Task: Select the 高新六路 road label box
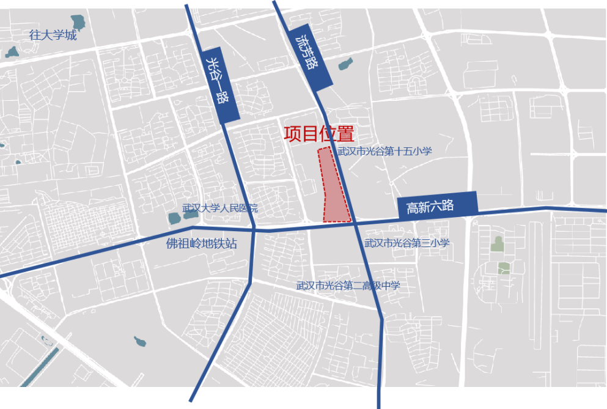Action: pyautogui.click(x=437, y=205)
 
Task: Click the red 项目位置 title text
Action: pyautogui.click(x=319, y=134)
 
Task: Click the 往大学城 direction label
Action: pyautogui.click(x=53, y=35)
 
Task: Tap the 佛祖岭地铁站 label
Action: pyautogui.click(x=201, y=243)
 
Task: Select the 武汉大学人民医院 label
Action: pyautogui.click(x=220, y=208)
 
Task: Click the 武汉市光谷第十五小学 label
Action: pyautogui.click(x=384, y=151)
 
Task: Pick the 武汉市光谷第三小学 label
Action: pyautogui.click(x=407, y=243)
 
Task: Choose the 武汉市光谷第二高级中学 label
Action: pyautogui.click(x=348, y=286)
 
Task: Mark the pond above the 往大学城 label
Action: pyautogui.click(x=78, y=23)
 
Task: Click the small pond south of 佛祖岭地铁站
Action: pyautogui.click(x=140, y=341)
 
